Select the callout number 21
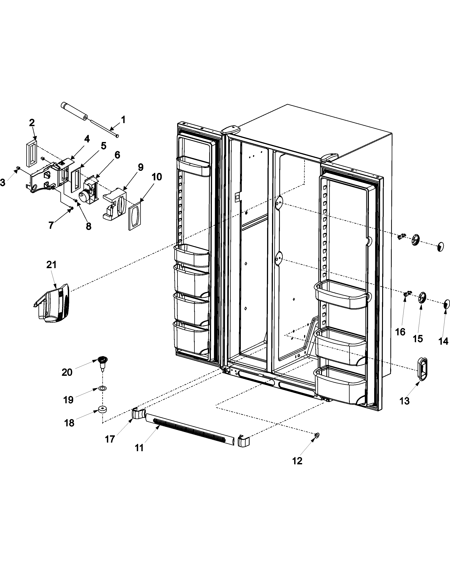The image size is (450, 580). pos(51,265)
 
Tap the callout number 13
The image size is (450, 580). pos(404,401)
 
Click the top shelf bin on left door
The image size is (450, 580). pos(193,166)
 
